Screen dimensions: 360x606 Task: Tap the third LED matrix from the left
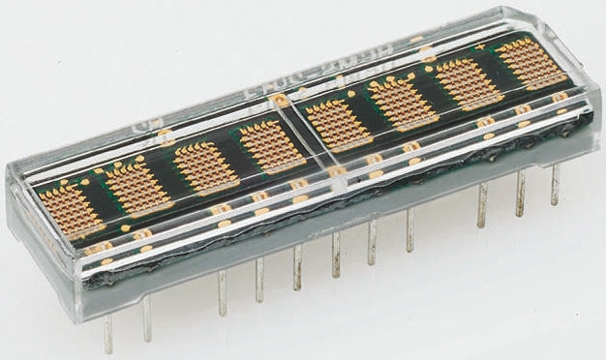pos(204,165)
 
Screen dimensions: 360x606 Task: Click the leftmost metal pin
pos(107,333)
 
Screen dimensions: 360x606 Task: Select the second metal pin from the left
pos(146,318)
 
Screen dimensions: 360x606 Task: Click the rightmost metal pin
pos(555,183)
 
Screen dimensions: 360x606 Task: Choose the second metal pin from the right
pos(519,194)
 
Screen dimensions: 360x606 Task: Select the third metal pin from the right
pos(481,206)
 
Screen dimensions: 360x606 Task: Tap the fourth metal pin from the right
pos(409,230)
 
